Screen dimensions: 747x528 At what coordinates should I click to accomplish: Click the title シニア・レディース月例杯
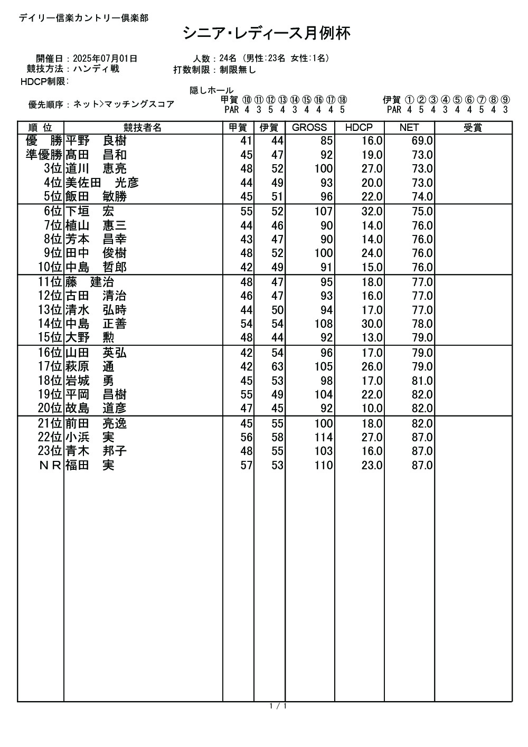(267, 34)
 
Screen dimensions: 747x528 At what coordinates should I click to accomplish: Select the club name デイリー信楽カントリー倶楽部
(83, 18)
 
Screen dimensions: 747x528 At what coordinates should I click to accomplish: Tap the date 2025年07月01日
(105, 59)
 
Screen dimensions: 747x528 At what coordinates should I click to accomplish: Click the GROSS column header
(309, 128)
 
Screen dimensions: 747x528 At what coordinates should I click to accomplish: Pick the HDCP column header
(359, 128)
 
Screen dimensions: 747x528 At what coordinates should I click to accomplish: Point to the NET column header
(409, 128)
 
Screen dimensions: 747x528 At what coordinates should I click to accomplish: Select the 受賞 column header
(473, 128)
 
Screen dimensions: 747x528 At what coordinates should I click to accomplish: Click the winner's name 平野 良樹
(96, 141)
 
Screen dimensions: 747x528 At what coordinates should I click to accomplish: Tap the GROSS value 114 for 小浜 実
(323, 438)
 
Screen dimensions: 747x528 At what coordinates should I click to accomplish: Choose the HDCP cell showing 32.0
(372, 212)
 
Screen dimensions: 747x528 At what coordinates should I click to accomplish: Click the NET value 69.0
(422, 141)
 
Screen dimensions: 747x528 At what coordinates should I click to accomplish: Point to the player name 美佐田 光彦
(102, 183)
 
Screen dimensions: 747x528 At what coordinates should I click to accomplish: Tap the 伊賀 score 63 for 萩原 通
(277, 367)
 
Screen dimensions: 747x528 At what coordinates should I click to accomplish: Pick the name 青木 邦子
(96, 451)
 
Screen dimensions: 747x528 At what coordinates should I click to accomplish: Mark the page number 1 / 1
(278, 706)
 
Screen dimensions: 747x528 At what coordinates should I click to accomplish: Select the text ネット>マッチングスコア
(124, 105)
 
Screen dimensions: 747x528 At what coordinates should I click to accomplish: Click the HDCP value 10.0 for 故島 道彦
(372, 409)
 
